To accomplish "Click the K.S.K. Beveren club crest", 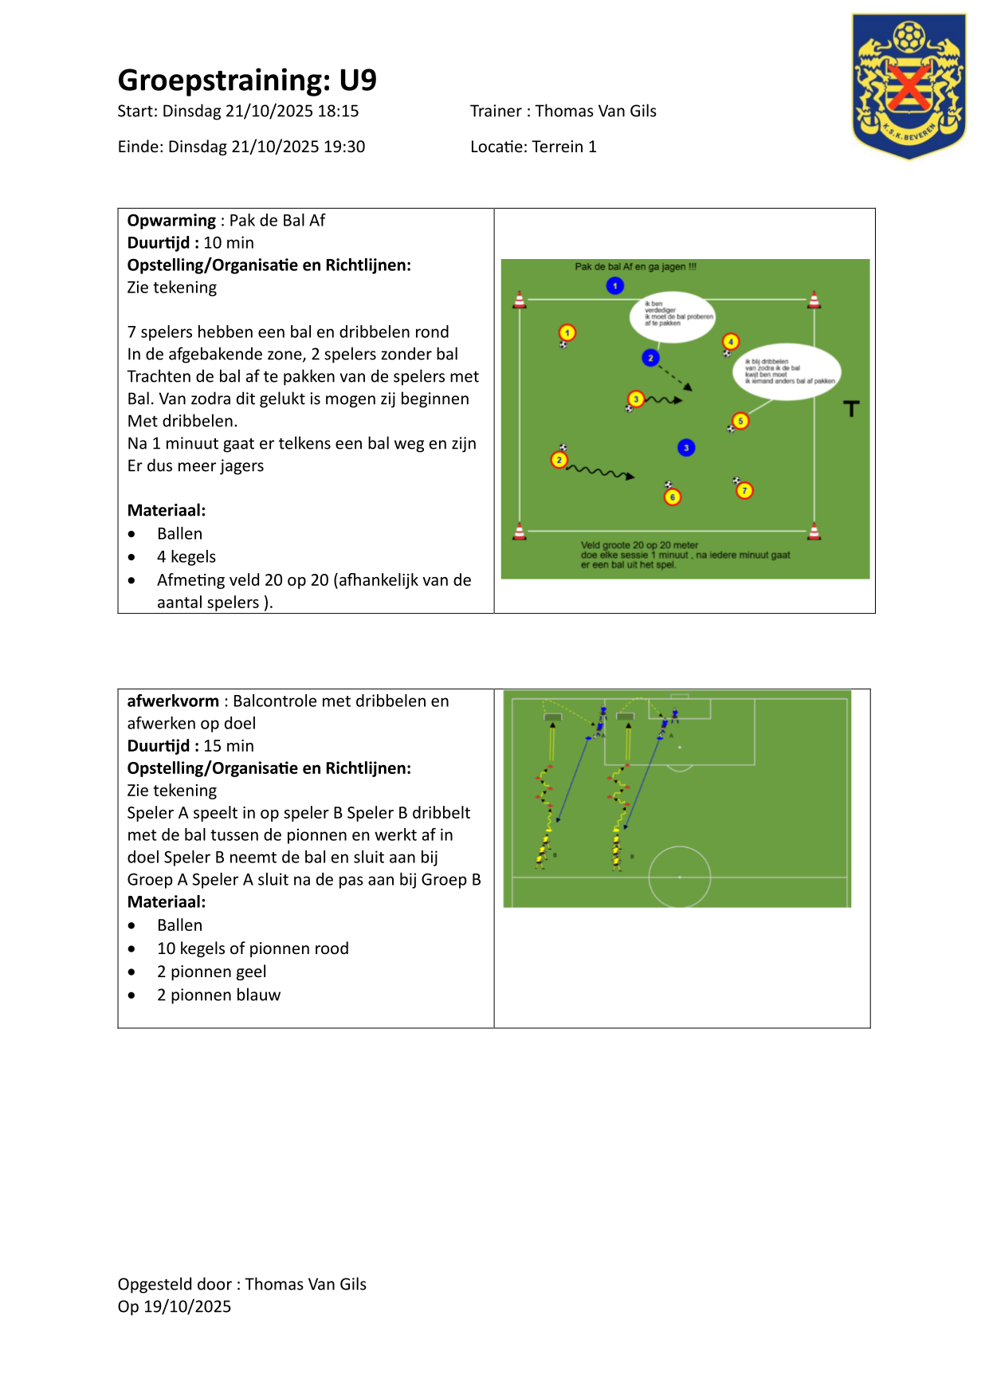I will pos(909,85).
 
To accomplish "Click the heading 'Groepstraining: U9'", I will pos(247,81).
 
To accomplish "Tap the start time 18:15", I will pos(338,112).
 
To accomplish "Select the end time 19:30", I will pos(344,147).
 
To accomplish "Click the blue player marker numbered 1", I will pos(614,285).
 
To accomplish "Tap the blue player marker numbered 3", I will pos(686,448).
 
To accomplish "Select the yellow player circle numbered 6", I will pos(673,497).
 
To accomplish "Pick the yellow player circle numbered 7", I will pos(744,491).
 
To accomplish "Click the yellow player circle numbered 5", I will pos(740,421).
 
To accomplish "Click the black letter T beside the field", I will pos(851,409).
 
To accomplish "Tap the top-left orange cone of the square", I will pos(520,300).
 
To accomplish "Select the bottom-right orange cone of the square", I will pos(814,531).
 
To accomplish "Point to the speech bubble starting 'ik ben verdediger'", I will pos(673,316).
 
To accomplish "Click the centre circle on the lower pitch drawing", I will pos(679,876).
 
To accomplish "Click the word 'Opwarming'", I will pos(171,221).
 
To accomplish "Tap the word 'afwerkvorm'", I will pos(173,701).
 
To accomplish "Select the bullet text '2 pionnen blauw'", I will pos(218,995).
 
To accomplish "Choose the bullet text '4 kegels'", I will pos(186,557).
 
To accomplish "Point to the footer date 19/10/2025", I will pos(187,1306).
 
